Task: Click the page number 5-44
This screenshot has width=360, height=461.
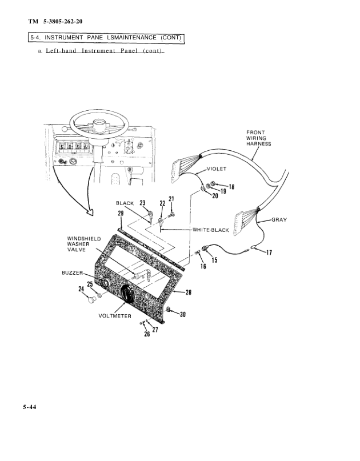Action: click(x=30, y=407)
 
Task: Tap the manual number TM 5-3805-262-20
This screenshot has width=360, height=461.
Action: click(x=62, y=22)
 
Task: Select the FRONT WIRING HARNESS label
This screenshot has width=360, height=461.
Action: click(x=258, y=138)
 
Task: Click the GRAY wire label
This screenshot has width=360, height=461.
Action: click(x=279, y=219)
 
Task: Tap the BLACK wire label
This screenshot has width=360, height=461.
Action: click(x=125, y=203)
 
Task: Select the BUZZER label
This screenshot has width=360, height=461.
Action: click(x=73, y=274)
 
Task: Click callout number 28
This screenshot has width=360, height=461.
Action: click(x=189, y=292)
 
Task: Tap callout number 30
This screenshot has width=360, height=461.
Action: click(x=183, y=314)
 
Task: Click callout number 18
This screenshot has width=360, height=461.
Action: click(x=231, y=186)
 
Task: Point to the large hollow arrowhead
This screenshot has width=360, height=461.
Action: click(x=90, y=213)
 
